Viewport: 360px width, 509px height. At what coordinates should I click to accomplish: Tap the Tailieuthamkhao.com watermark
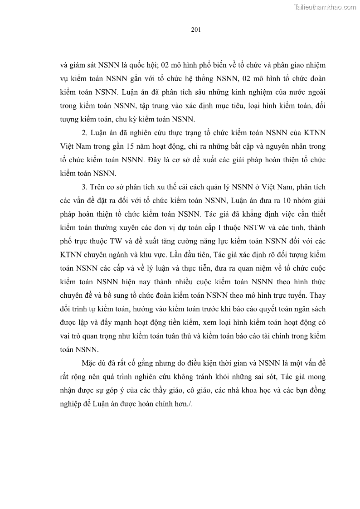326,7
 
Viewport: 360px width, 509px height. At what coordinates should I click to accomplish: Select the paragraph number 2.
83,132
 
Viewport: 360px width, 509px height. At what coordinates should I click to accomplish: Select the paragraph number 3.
84,187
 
